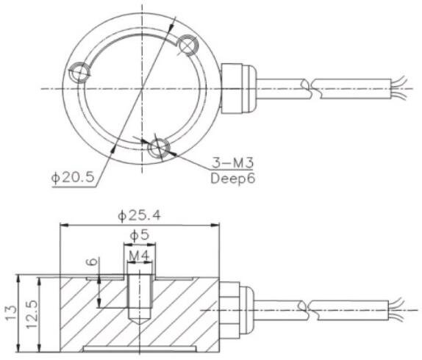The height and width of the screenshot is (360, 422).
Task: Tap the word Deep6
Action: tap(232, 178)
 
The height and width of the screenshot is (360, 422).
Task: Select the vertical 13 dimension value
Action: tap(10, 312)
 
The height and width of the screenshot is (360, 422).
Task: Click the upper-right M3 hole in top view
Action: tap(187, 46)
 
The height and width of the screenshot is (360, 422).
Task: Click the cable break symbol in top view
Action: tap(312, 89)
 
